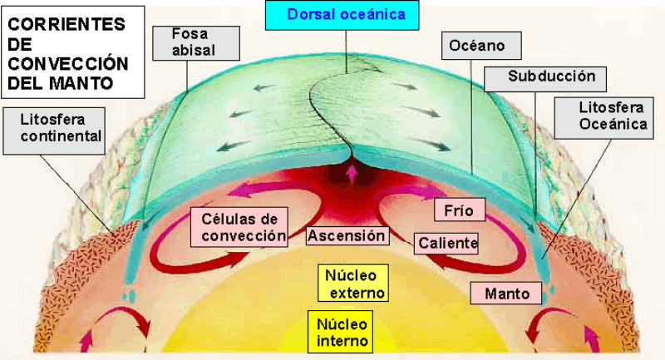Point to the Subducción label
point(552,76)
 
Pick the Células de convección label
point(244,227)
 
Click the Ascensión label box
point(347,236)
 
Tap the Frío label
point(459,210)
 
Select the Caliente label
point(447,244)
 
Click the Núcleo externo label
point(351,284)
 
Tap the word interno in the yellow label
point(339,341)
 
